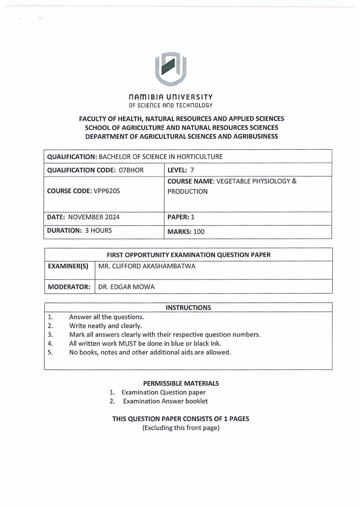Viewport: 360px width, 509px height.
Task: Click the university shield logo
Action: point(170,69)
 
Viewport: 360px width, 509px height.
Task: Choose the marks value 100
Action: point(199,231)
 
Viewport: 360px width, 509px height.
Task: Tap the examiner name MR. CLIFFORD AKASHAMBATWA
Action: point(147,266)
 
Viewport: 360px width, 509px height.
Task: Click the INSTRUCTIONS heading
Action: point(188,308)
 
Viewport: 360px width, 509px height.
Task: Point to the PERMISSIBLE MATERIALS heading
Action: point(180,383)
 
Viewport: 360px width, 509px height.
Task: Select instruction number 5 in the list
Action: point(50,352)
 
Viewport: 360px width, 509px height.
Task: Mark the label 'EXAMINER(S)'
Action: point(68,266)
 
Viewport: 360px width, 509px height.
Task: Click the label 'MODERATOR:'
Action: point(69,287)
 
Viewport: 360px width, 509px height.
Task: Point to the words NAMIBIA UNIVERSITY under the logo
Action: point(170,97)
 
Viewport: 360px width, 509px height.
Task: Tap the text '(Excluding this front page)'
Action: point(180,428)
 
